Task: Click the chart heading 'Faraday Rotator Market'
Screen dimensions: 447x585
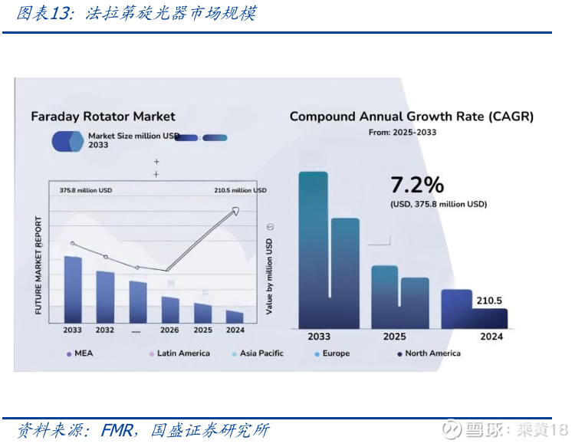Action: click(x=103, y=117)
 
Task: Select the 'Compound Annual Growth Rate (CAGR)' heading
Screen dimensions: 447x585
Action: click(x=411, y=117)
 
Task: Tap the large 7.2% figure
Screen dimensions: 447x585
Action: click(x=417, y=185)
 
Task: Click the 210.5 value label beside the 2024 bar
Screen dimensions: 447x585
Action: click(x=489, y=301)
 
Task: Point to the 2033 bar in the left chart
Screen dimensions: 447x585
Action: click(x=73, y=289)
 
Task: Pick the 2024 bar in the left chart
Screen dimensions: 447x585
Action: click(x=235, y=316)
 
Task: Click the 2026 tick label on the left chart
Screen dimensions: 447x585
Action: click(x=169, y=330)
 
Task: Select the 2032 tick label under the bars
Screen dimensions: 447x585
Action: click(x=105, y=330)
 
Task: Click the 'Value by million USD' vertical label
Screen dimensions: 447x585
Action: click(x=269, y=276)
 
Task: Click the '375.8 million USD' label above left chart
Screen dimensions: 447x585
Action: click(x=86, y=190)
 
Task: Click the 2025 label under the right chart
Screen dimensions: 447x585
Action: click(x=394, y=336)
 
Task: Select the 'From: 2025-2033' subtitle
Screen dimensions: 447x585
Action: click(x=403, y=133)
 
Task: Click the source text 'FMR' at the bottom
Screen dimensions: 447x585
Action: click(x=117, y=430)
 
